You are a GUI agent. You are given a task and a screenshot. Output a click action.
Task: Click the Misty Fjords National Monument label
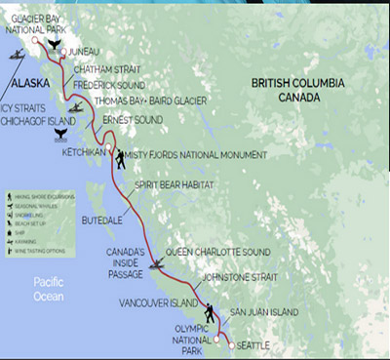click(195, 155)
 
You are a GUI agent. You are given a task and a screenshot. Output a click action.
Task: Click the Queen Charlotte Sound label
click(217, 252)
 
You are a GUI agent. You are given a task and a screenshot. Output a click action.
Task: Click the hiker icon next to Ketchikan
click(118, 158)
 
